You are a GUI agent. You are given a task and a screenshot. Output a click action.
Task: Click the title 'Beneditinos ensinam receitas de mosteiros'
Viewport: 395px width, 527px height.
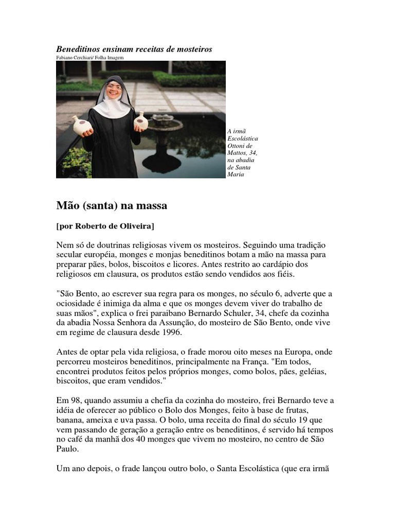[134, 49]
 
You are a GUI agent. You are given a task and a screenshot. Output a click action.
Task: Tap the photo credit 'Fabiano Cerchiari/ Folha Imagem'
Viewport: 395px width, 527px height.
[90, 58]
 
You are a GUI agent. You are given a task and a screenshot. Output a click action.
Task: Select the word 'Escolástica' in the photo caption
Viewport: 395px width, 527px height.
[242, 139]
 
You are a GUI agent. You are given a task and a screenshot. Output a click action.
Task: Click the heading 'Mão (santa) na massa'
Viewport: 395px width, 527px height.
[112, 206]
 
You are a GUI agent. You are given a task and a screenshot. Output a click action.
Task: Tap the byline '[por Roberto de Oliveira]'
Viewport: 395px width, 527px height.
[105, 226]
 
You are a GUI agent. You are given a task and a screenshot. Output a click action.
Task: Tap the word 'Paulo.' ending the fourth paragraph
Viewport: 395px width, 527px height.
[67, 449]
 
